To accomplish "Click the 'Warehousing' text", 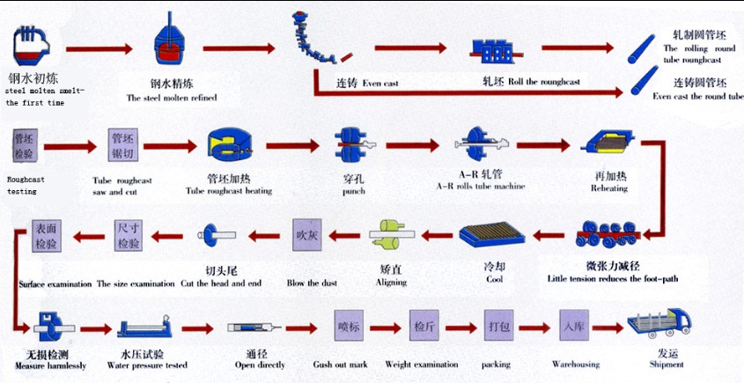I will (x=576, y=364).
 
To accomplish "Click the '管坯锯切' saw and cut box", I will (x=122, y=145).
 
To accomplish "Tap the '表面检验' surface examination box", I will (x=45, y=235).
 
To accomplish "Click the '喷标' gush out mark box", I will (x=350, y=326).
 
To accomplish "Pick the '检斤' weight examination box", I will (x=424, y=326).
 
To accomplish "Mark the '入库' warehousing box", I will (x=574, y=326).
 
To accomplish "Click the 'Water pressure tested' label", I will (x=146, y=365).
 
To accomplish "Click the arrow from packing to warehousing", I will (x=537, y=326).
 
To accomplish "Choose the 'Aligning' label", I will (x=392, y=282).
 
